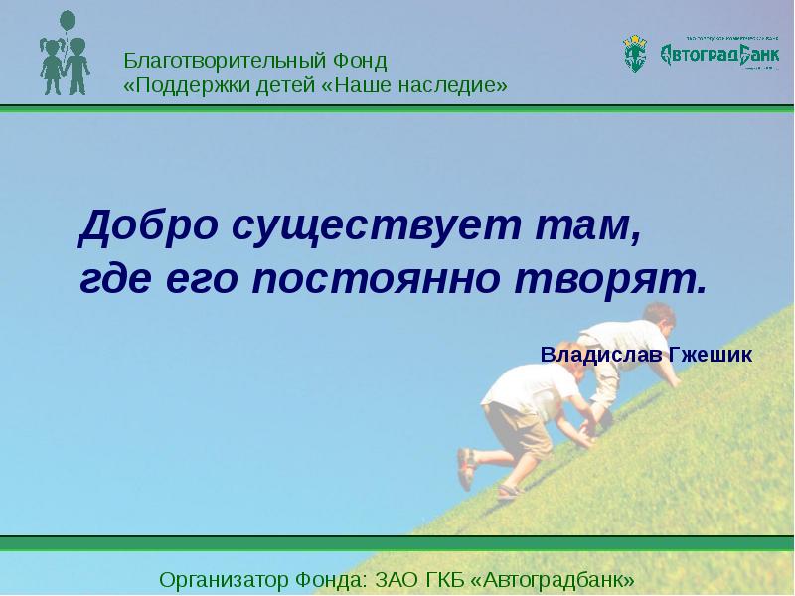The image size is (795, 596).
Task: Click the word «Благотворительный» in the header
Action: [x=218, y=61]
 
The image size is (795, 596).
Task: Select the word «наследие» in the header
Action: [x=451, y=86]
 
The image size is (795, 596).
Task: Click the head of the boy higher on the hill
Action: [x=658, y=319]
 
